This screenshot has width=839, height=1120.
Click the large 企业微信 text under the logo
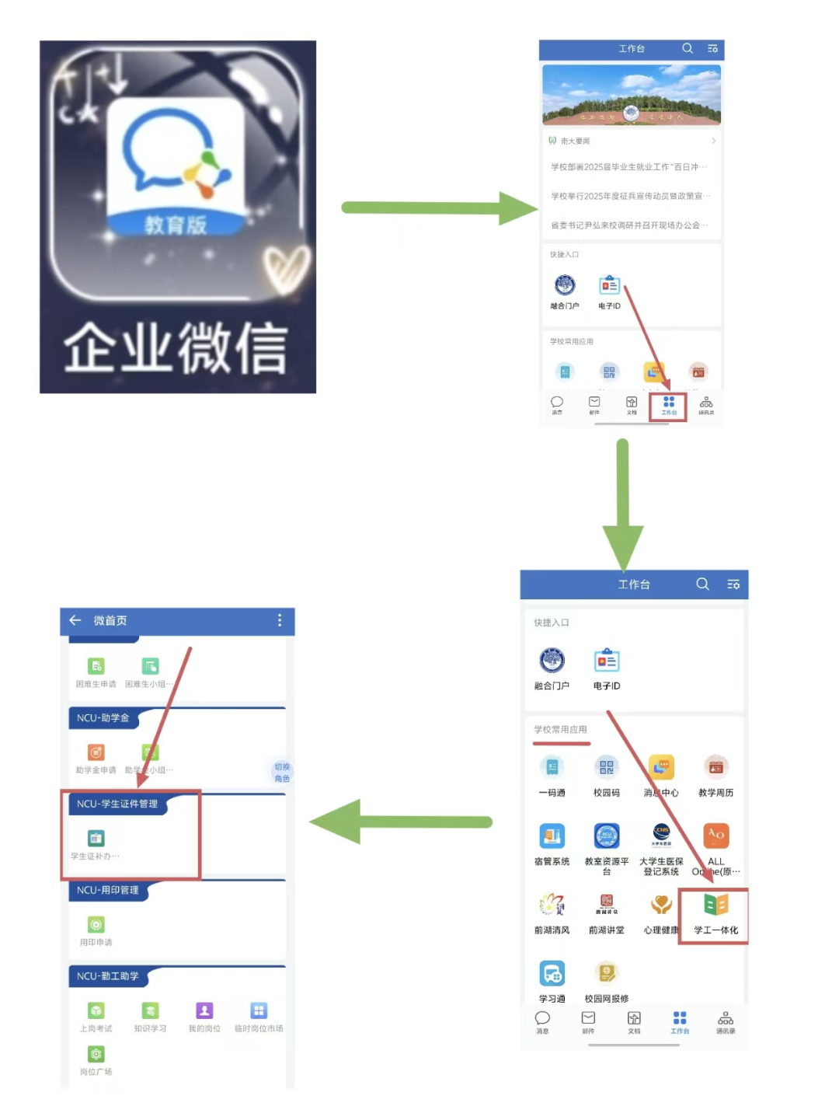click(x=176, y=347)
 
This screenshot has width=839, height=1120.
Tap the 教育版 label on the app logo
click(x=176, y=225)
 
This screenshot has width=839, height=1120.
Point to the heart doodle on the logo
click(x=285, y=269)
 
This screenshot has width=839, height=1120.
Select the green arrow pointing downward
click(x=623, y=505)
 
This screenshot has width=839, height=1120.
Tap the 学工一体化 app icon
click(x=715, y=905)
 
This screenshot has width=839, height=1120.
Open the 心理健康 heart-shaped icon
click(x=661, y=905)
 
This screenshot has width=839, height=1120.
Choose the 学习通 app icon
click(x=552, y=973)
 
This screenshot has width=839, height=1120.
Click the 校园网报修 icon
click(x=607, y=973)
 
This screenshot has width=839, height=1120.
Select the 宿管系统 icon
click(x=552, y=836)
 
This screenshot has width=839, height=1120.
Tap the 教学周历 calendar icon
click(x=715, y=768)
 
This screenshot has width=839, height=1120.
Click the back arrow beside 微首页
click(x=75, y=620)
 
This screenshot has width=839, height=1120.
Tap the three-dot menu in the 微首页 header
click(x=280, y=620)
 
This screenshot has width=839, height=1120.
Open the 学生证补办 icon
click(x=96, y=839)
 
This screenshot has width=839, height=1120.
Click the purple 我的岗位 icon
click(x=204, y=1010)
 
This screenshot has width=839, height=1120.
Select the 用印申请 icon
click(x=96, y=925)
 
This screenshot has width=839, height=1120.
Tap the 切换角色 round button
click(x=281, y=772)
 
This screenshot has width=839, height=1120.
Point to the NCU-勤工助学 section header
click(x=108, y=976)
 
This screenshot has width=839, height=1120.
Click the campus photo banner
click(x=631, y=95)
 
